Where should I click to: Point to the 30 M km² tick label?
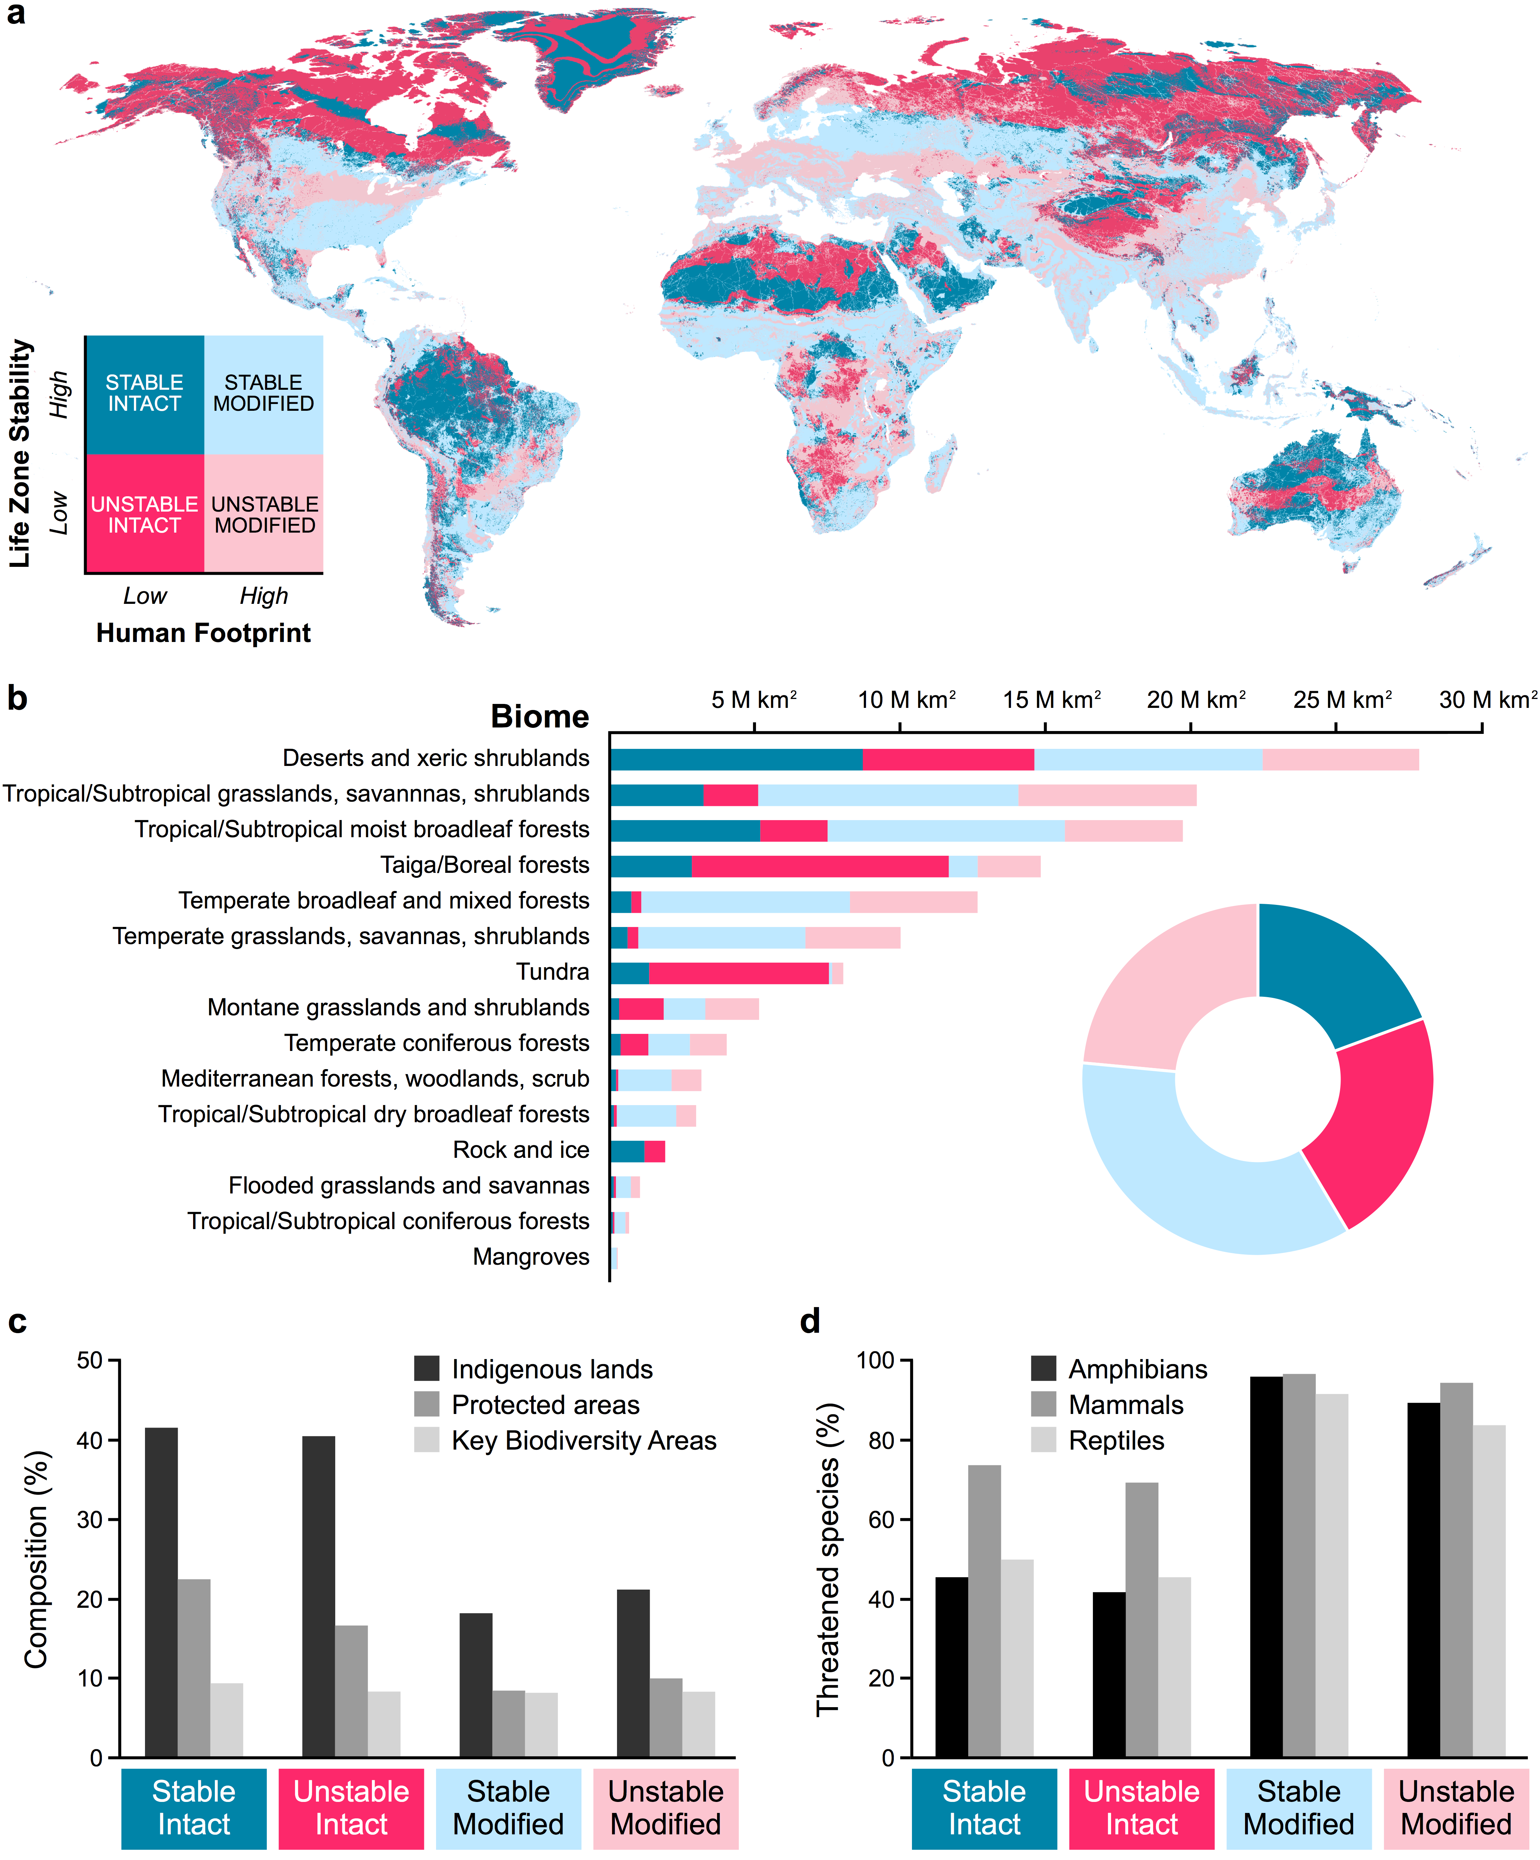(1488, 700)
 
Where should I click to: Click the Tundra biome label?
(553, 972)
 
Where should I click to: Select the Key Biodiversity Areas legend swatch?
(427, 1440)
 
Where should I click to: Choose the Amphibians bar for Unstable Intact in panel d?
(1109, 1674)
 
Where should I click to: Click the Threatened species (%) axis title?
(828, 1559)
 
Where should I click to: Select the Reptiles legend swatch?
(1044, 1440)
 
